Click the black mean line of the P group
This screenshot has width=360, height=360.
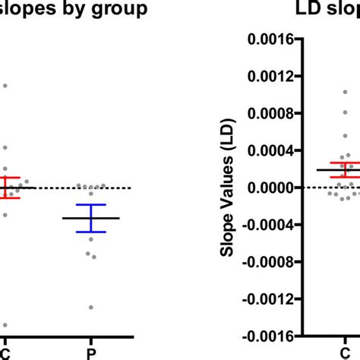click(91, 218)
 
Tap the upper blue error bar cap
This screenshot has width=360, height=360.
click(91, 205)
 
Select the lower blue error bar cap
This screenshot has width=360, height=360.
click(91, 232)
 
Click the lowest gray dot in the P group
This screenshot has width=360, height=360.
click(91, 308)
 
